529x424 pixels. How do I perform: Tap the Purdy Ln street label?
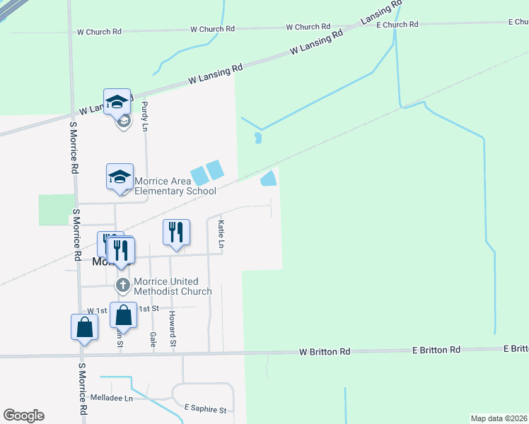click(x=145, y=117)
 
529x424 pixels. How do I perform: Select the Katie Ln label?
click(x=221, y=234)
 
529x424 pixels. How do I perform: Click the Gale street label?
click(x=153, y=338)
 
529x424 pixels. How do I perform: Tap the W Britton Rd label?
click(x=325, y=351)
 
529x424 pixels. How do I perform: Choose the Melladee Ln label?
click(x=111, y=399)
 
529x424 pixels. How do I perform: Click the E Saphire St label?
click(x=205, y=409)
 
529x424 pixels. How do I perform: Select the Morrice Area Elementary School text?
click(x=175, y=186)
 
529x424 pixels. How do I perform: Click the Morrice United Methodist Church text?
click(x=173, y=287)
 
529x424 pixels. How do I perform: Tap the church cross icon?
click(x=122, y=285)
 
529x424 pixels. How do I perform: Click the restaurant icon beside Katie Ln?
click(x=176, y=232)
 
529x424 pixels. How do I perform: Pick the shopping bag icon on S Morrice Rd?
click(x=84, y=327)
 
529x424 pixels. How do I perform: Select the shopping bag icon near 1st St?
click(x=123, y=315)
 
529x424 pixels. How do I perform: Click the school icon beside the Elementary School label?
click(x=120, y=177)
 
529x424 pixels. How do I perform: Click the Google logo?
click(x=23, y=416)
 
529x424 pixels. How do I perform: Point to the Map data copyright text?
click(x=499, y=418)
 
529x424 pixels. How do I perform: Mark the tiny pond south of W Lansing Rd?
click(x=258, y=138)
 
